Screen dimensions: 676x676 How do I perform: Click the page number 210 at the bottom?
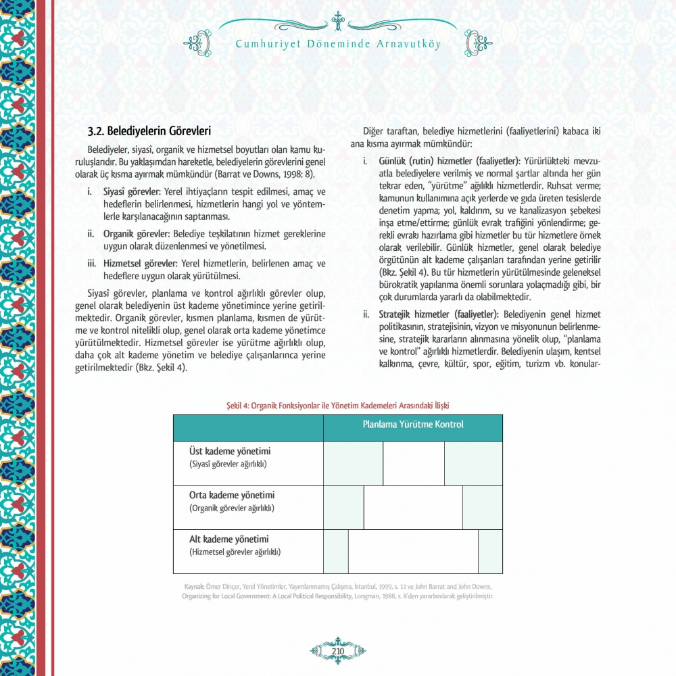(x=338, y=651)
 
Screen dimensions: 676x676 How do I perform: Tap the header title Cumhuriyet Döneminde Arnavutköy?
(x=338, y=45)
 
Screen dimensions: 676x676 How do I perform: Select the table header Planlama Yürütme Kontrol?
(x=412, y=425)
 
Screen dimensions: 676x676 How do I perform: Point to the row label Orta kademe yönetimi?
(x=232, y=496)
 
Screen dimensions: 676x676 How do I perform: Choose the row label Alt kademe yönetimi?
(x=229, y=539)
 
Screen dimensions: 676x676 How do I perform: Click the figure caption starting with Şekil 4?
(x=337, y=405)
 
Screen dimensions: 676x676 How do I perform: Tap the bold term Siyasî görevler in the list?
(x=132, y=191)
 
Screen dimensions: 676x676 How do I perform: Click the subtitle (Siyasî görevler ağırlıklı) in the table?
(x=228, y=464)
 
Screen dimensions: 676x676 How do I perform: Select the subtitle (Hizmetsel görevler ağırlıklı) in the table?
(x=235, y=552)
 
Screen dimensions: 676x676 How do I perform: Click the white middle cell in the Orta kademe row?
(x=413, y=507)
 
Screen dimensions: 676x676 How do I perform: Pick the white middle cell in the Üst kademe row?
(x=413, y=464)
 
